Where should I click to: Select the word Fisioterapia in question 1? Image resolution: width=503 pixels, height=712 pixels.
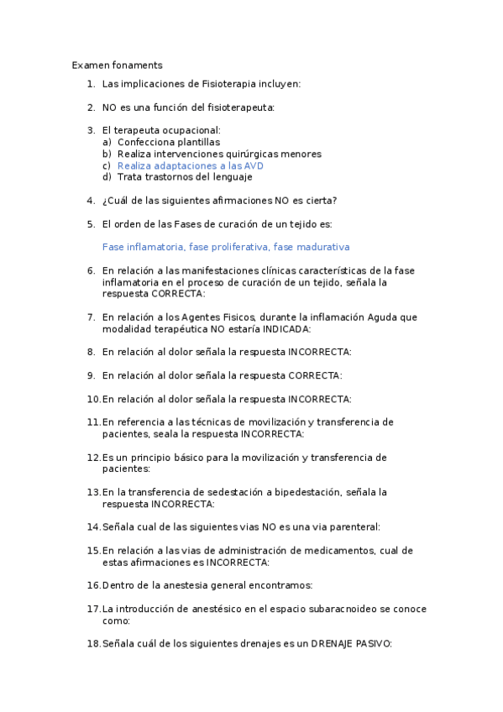click(231, 84)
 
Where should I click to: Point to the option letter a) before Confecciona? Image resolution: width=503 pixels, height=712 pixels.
click(107, 143)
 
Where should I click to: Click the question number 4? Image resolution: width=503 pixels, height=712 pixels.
click(90, 201)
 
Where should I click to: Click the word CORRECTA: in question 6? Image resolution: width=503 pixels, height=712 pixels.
click(177, 295)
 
